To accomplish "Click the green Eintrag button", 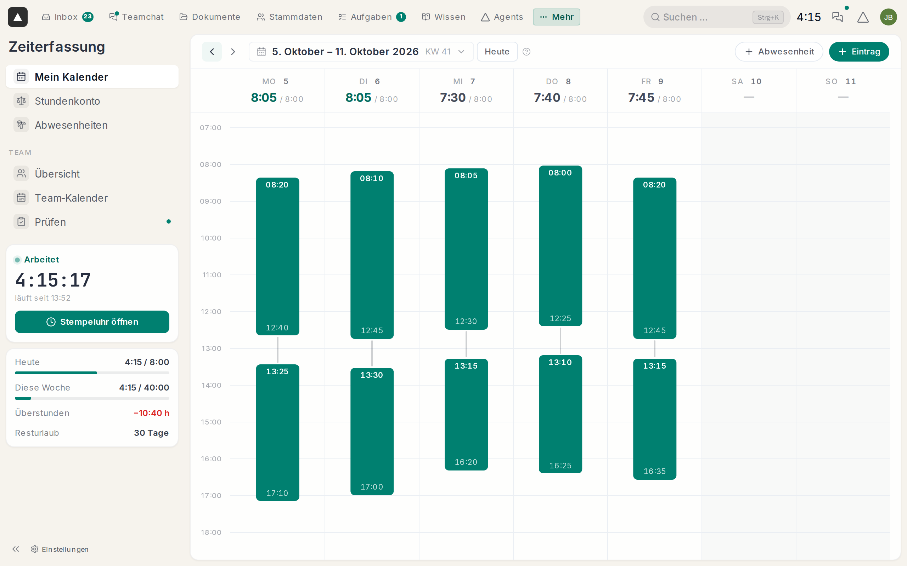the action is (x=859, y=52).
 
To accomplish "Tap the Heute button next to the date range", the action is (x=497, y=52).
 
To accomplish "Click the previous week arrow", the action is (x=212, y=52).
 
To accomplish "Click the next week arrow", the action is (x=233, y=52).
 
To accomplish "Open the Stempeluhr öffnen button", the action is (x=92, y=322).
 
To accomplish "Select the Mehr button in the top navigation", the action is (x=557, y=17).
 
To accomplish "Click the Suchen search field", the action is (x=717, y=17).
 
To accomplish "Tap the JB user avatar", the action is (x=888, y=17).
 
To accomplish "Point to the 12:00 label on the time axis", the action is (x=211, y=312).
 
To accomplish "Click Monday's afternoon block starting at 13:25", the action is (x=278, y=432).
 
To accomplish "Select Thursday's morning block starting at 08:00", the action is (x=560, y=246).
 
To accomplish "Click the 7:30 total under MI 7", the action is (x=453, y=98).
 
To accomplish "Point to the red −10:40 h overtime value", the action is (x=151, y=413).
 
